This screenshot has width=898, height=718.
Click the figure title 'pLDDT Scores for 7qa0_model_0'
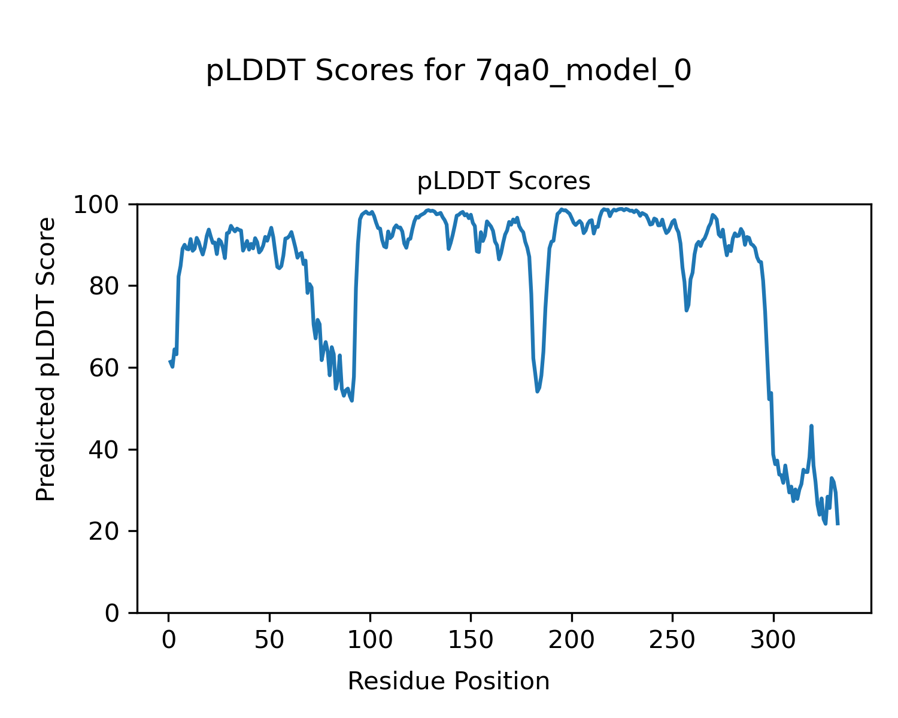click(448, 71)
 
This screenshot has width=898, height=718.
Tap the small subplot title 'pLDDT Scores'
click(503, 181)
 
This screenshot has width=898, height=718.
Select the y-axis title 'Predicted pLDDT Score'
click(46, 359)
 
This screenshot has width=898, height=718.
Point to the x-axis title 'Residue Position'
click(448, 681)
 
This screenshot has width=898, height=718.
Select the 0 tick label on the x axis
click(169, 640)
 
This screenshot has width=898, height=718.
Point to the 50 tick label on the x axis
click(269, 640)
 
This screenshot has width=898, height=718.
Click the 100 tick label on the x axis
click(370, 640)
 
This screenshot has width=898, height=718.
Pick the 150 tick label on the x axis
click(471, 640)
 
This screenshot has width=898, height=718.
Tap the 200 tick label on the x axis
click(572, 640)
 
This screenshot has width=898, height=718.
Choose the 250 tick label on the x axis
click(672, 640)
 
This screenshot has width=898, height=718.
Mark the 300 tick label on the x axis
click(773, 640)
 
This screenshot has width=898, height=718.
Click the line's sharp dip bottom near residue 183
click(538, 391)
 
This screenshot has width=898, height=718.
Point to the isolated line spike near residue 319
click(811, 426)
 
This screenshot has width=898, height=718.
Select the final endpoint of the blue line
click(838, 524)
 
